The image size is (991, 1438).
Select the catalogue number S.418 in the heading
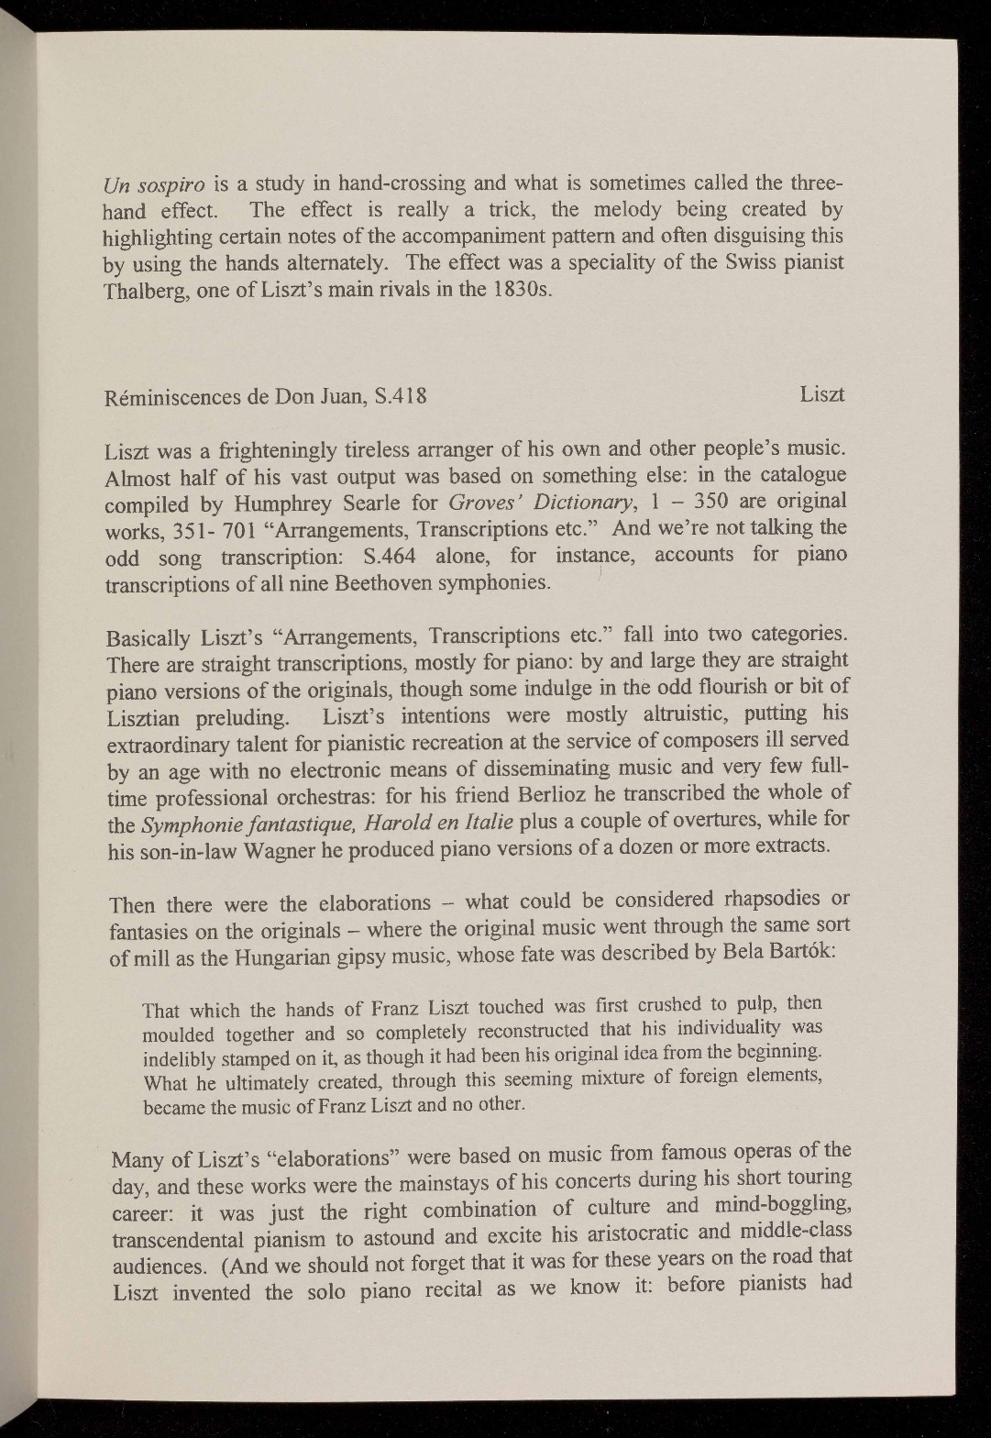pos(394,397)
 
